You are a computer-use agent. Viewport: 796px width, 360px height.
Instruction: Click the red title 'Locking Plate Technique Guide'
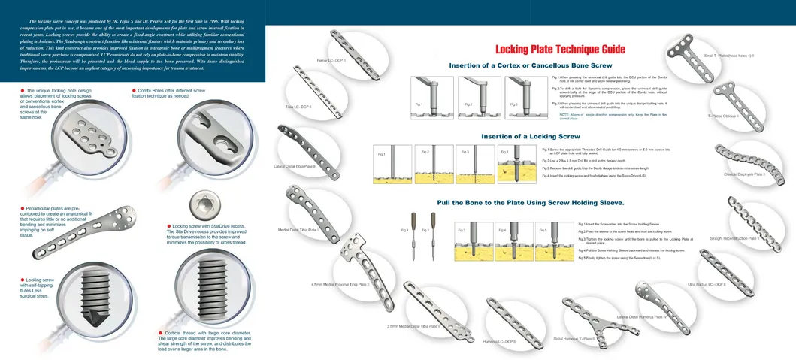[560, 50]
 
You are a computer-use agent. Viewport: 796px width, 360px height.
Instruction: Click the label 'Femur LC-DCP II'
[331, 59]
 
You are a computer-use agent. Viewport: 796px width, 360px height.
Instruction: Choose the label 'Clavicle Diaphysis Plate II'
[744, 174]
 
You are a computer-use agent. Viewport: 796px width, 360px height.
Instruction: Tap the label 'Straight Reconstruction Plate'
[754, 237]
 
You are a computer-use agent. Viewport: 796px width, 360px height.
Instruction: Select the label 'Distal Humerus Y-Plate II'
[574, 339]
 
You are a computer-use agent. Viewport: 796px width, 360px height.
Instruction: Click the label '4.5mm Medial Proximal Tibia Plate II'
[340, 285]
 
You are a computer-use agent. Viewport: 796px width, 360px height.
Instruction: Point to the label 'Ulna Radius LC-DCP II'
[707, 285]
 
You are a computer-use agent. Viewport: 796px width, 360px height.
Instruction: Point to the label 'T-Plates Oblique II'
[723, 116]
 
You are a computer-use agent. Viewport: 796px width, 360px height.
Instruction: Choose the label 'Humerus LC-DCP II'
[499, 341]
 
